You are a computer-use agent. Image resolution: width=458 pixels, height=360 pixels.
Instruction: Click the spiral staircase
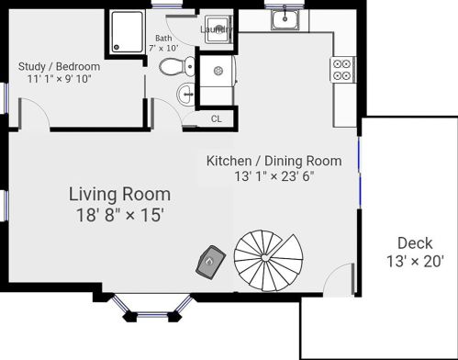268,260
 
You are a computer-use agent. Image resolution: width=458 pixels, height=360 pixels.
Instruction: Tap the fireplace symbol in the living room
211,262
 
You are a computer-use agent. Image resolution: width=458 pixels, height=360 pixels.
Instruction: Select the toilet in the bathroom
177,66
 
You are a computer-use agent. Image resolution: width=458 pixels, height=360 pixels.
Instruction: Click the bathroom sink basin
185,95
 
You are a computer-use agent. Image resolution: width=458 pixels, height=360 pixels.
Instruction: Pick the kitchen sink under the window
285,19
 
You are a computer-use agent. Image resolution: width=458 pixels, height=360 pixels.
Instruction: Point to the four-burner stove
342,69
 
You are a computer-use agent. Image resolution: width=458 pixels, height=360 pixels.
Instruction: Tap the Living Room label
119,195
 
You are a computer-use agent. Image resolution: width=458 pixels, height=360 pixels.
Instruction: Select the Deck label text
415,243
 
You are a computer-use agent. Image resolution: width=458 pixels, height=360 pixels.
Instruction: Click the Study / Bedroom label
59,66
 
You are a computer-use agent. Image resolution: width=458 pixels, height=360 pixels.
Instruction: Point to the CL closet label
217,118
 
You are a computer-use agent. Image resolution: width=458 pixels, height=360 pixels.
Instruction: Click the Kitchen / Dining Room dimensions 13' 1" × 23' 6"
274,176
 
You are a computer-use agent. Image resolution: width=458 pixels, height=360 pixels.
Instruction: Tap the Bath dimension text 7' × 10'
163,48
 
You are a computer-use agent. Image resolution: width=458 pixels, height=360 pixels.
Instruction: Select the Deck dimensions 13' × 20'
415,262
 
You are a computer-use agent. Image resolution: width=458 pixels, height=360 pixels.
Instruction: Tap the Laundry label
217,29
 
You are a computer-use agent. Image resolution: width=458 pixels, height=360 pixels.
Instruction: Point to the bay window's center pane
152,315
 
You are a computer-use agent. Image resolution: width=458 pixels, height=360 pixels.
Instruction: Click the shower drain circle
117,47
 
